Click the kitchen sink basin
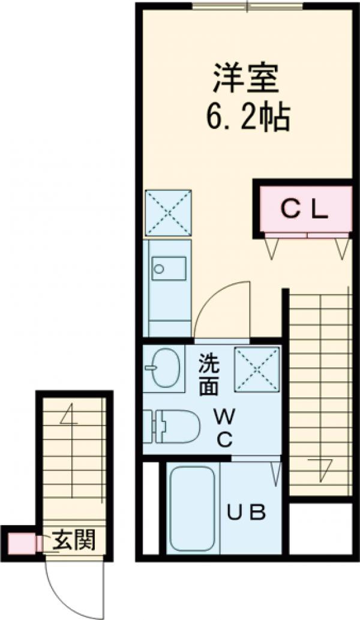169,268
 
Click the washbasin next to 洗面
166,367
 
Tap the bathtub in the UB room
193,508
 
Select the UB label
246,513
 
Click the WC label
224,427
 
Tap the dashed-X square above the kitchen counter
168,212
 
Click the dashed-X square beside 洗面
257,370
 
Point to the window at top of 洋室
247,7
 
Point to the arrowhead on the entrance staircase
68,414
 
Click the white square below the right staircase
320,528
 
